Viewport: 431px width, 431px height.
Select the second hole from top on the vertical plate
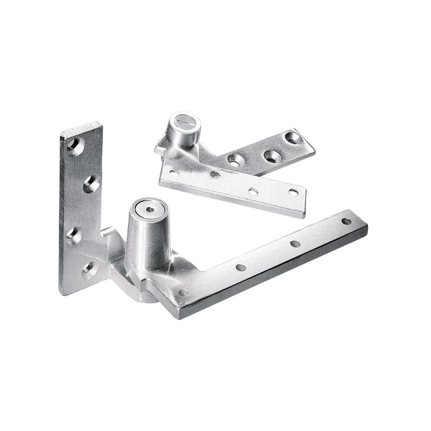92,184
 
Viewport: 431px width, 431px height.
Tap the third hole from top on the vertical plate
74,235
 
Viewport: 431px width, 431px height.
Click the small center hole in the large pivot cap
149,209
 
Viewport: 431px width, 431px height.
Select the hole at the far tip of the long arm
346,221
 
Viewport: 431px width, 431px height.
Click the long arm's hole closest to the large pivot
184,293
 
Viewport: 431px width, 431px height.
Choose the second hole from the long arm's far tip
295,244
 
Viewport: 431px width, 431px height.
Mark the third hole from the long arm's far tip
241,268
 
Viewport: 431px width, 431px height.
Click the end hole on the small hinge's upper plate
294,138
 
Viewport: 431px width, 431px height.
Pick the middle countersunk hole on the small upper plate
271,156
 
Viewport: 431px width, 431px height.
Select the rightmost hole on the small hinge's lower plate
293,193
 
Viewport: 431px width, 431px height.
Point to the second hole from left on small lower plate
214,175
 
